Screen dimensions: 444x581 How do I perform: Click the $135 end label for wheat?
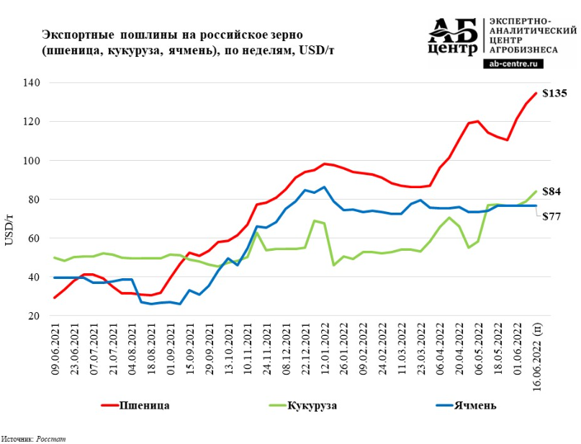pos(554,94)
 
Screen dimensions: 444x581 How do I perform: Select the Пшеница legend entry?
pos(143,405)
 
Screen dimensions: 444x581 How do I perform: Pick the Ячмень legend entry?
pos(474,405)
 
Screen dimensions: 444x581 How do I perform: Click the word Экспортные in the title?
pos(72,35)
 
